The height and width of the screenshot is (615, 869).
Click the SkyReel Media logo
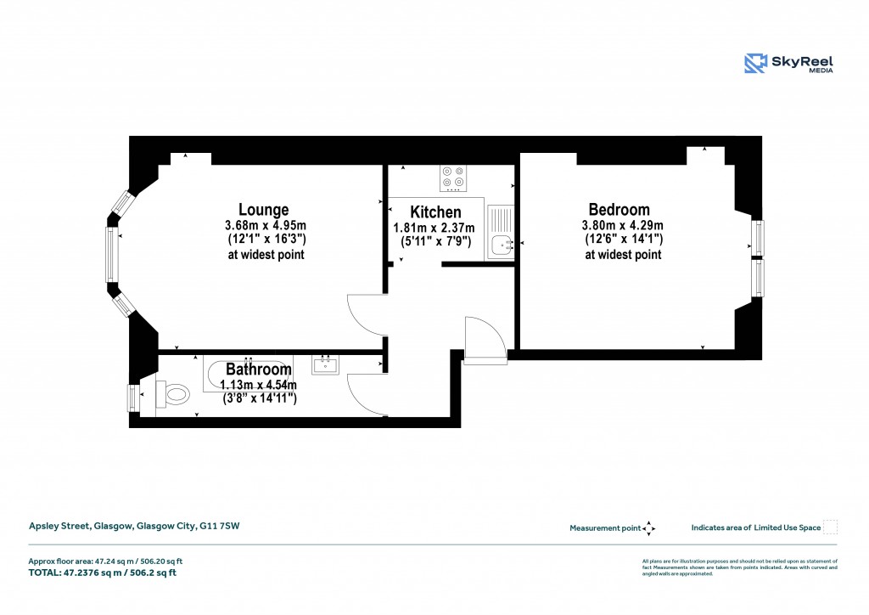788,64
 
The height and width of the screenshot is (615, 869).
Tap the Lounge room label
263,210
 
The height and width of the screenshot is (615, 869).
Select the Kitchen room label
435,212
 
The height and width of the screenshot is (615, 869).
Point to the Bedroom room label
620,210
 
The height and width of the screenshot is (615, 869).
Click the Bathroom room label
259,370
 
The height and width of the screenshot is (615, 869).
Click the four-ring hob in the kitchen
452,178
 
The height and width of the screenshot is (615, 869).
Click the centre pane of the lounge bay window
111,254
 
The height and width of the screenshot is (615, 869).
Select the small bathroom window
132,397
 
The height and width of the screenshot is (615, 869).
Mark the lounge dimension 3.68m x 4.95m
265,226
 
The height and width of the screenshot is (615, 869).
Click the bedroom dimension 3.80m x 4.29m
622,226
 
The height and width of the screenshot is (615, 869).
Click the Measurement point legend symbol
648,528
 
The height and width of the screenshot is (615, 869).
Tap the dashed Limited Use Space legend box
831,528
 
